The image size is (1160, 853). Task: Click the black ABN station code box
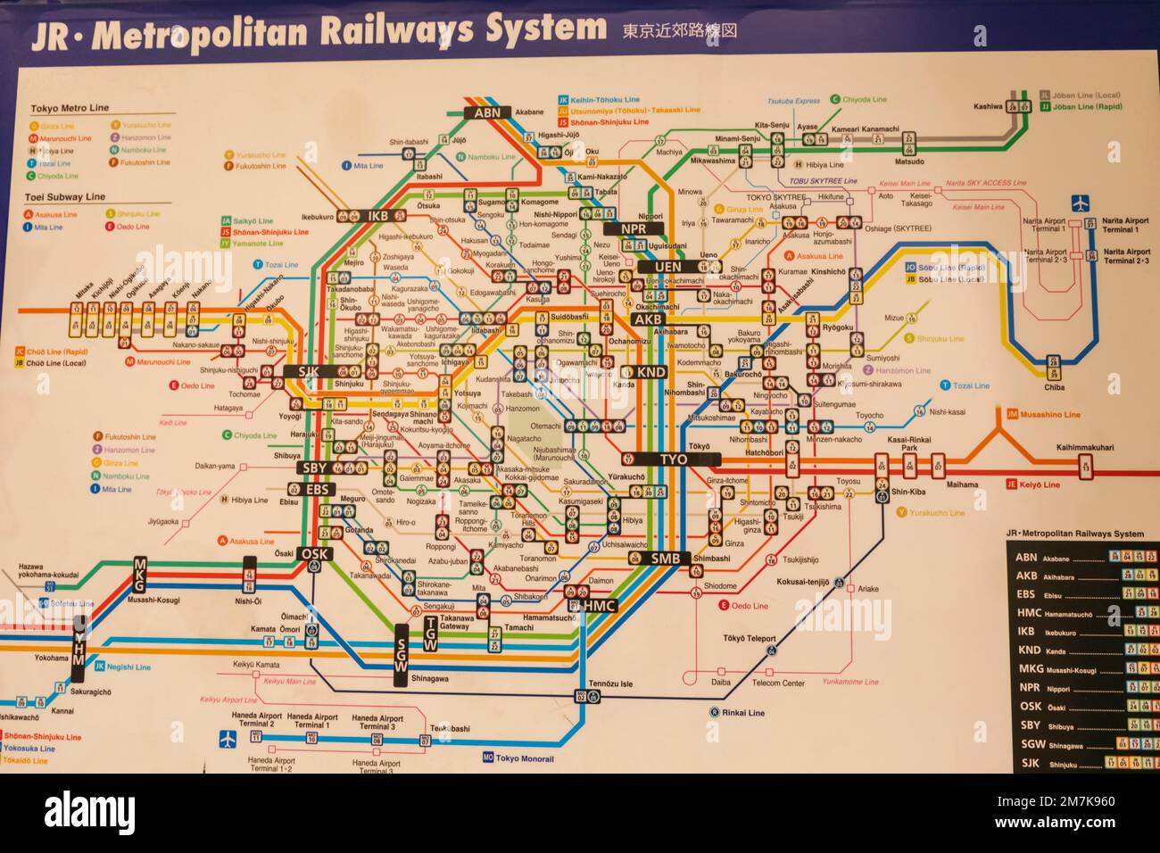487,112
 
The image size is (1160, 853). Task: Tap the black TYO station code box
673,459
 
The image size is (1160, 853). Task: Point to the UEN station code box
667,266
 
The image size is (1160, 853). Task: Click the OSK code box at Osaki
314,553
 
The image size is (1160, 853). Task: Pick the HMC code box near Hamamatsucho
600,606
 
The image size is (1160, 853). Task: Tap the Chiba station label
1054,387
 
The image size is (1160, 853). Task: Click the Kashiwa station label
988,106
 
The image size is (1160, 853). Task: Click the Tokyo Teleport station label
750,639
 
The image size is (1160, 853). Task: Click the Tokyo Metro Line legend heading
70,108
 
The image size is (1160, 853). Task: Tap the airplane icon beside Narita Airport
1082,203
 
